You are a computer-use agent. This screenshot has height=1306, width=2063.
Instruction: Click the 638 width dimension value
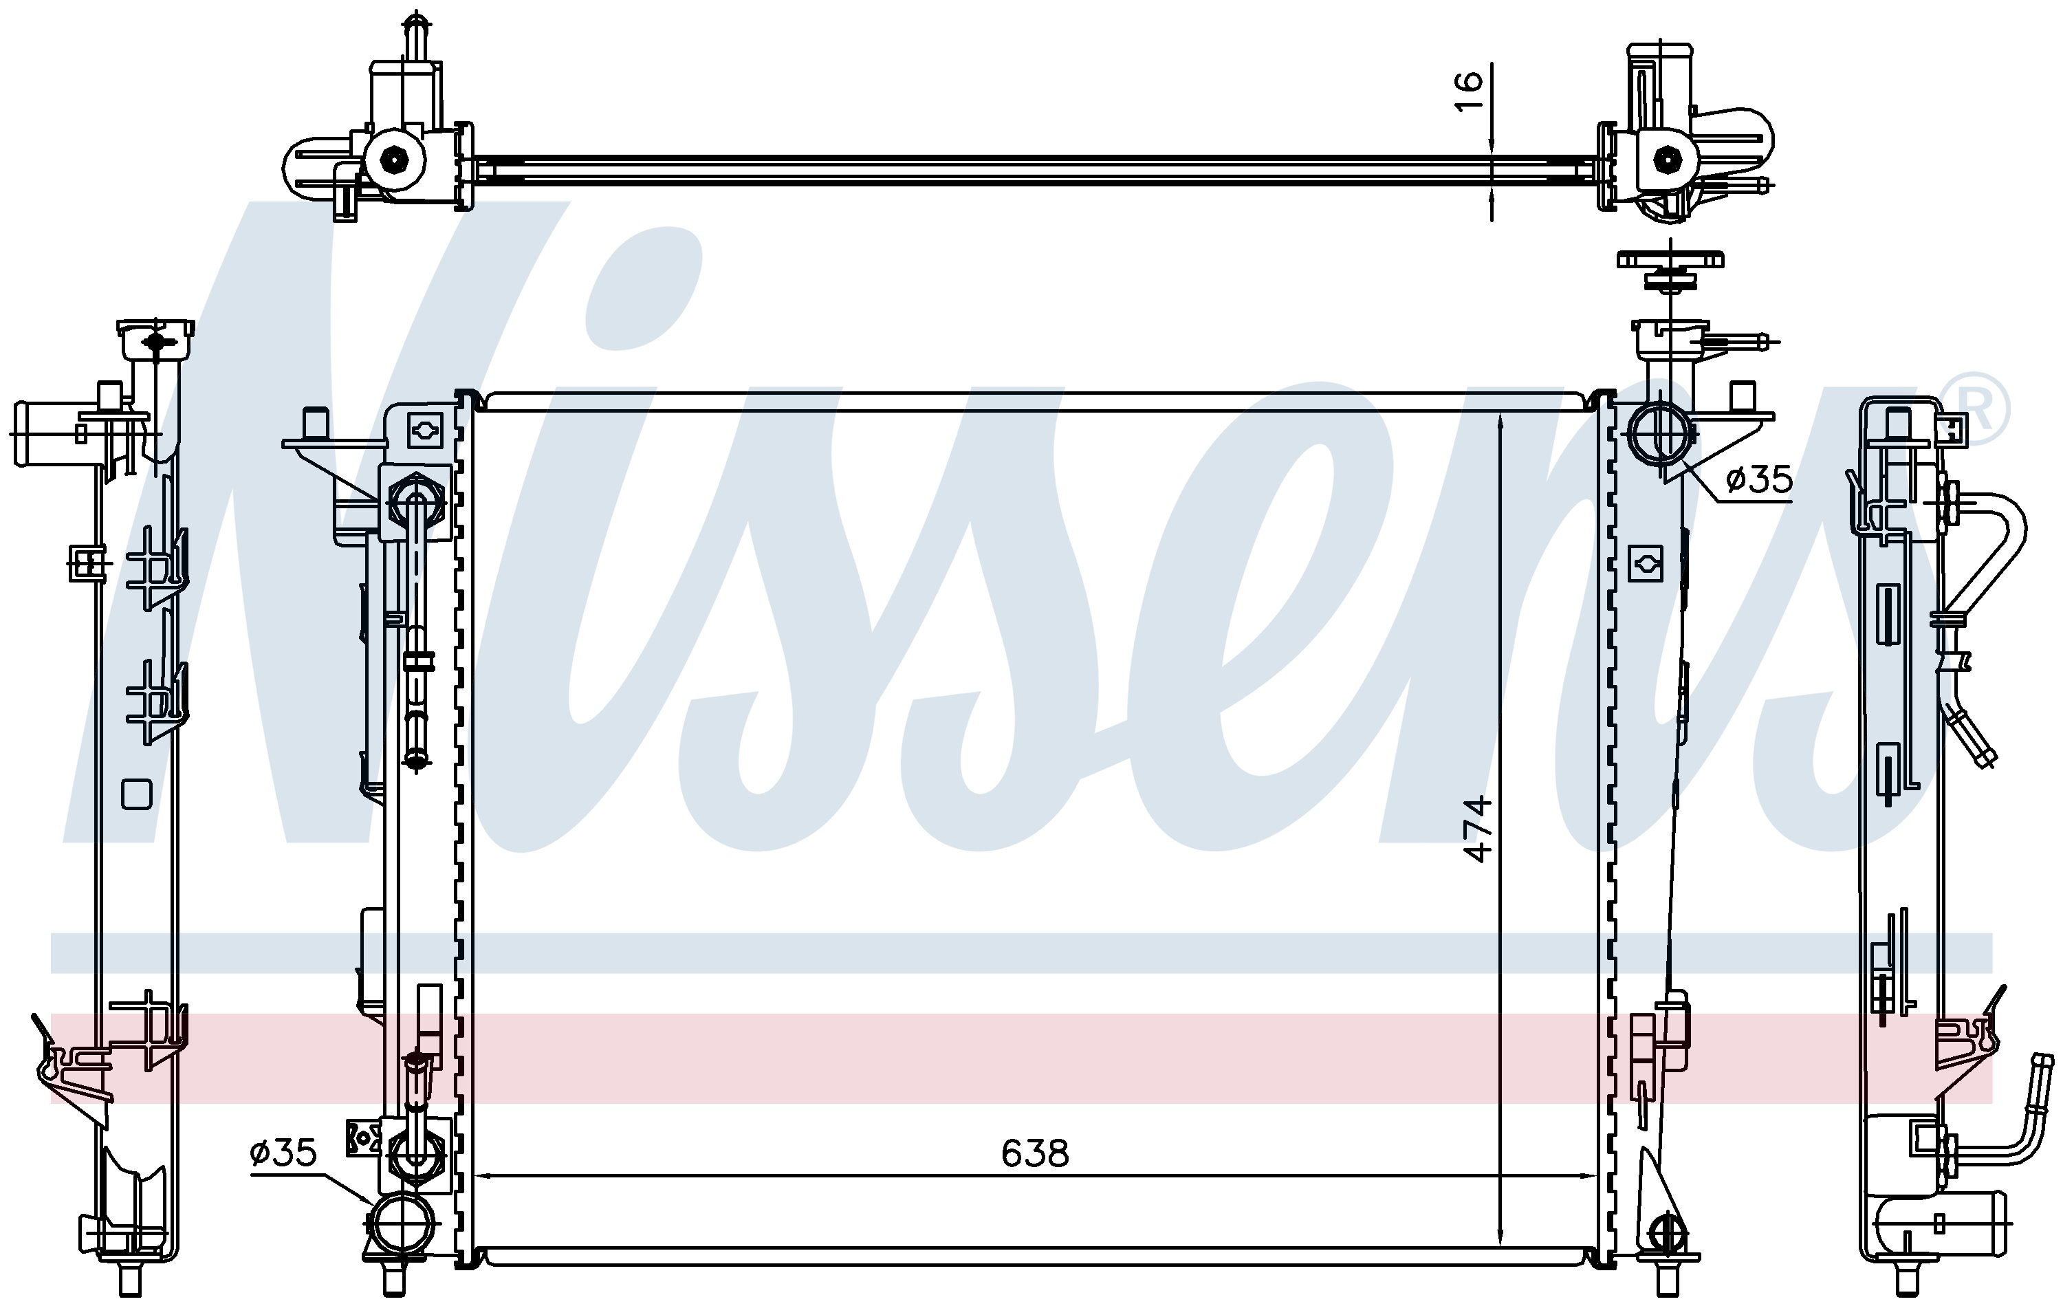click(1035, 1154)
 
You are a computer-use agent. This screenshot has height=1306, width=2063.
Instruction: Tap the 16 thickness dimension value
click(1468, 91)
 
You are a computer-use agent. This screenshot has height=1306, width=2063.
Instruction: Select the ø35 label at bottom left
click(283, 1153)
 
